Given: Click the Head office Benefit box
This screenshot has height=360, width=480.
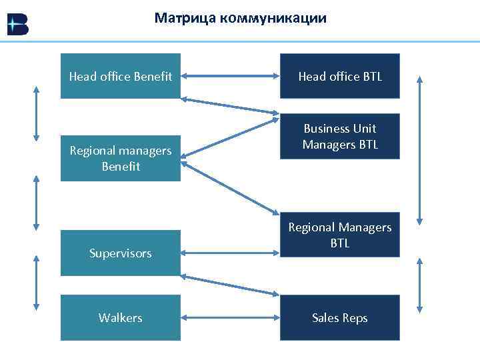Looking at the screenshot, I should click(x=121, y=77).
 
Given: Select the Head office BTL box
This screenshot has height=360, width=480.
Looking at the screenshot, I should click(x=340, y=77).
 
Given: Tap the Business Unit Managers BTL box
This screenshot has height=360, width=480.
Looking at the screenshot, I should click(x=340, y=137).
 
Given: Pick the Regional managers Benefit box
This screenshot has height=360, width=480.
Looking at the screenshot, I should click(x=121, y=159).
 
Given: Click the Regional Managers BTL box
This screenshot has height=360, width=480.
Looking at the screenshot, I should click(x=340, y=235).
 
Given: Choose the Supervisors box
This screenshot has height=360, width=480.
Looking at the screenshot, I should click(x=121, y=253).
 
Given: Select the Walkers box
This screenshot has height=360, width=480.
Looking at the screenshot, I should click(x=121, y=318).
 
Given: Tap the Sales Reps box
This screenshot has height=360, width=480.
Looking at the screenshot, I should click(x=340, y=318).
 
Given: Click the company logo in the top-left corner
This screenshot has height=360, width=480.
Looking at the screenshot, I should click(x=17, y=25).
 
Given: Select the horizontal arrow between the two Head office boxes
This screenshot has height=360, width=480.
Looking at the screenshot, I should click(x=230, y=77).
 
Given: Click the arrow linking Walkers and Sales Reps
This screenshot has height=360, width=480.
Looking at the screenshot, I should click(x=230, y=318).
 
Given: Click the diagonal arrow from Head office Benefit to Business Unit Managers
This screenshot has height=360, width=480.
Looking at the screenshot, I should click(x=230, y=107).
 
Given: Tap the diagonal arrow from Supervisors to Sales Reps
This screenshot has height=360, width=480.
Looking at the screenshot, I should click(x=230, y=285).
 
